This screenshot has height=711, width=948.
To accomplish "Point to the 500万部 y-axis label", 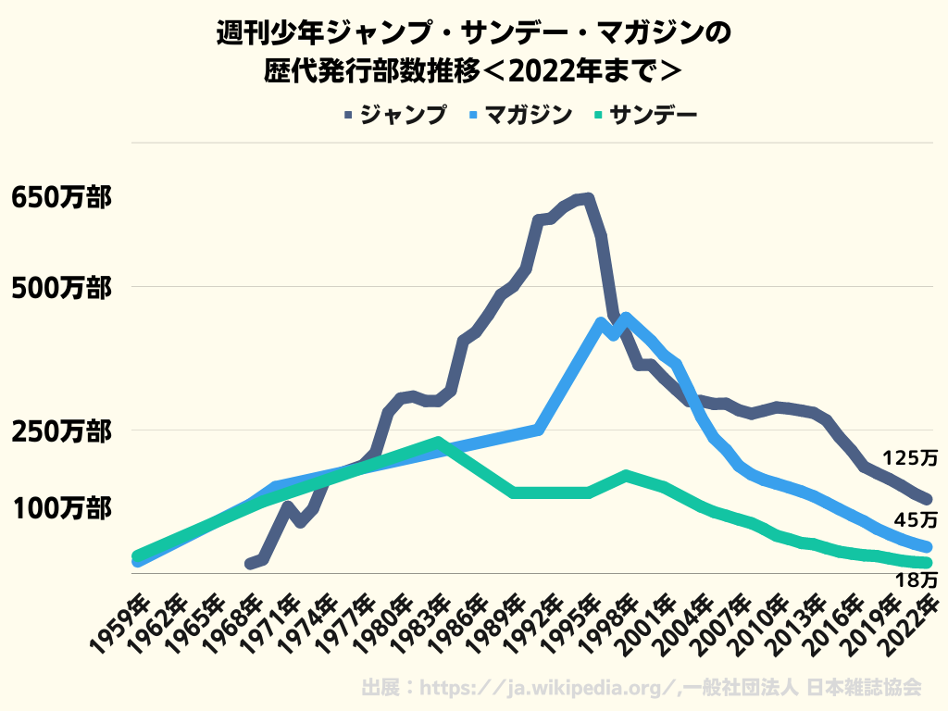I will (x=60, y=287).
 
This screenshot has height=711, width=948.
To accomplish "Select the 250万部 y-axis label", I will (x=60, y=431).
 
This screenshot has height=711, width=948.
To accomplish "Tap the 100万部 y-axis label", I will (x=60, y=508).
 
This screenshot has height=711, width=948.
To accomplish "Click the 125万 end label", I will (x=909, y=457).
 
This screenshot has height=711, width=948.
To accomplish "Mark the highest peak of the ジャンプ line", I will (x=588, y=197).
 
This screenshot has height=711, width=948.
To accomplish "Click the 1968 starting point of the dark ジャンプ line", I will (x=251, y=563).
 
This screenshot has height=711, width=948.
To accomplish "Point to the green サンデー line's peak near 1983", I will (x=438, y=442).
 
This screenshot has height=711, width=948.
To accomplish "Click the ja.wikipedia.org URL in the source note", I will (x=547, y=688).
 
